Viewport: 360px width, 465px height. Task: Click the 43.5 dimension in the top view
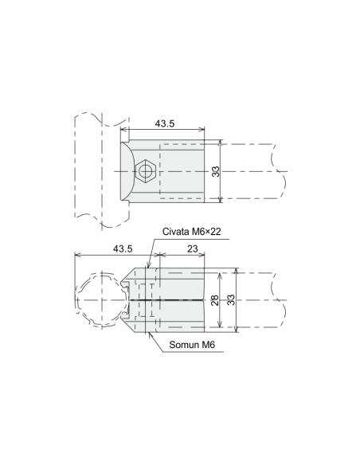[165, 123]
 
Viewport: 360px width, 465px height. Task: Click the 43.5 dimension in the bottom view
[123, 248]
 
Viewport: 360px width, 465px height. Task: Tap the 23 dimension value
[193, 248]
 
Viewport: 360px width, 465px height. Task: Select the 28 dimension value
[215, 300]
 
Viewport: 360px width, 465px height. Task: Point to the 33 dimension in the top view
[216, 172]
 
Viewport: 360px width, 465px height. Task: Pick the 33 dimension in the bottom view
[231, 300]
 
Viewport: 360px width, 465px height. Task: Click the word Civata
[176, 232]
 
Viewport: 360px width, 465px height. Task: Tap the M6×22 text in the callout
[206, 232]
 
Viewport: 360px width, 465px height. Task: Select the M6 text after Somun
[209, 345]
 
